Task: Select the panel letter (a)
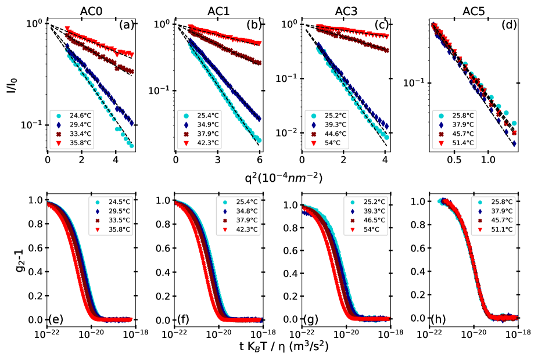[x=127, y=26]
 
